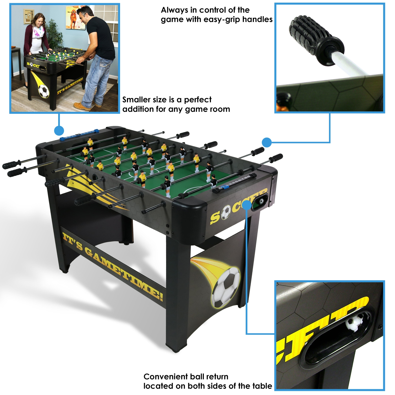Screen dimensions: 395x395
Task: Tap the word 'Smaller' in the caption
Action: tap(136, 100)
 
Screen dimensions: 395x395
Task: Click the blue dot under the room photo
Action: tap(59, 131)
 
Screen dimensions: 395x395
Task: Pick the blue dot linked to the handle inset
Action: tap(267, 142)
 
